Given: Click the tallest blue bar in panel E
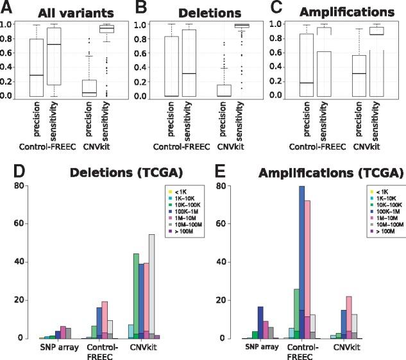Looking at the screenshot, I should pos(301,257).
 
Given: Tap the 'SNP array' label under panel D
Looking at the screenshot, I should pos(55,347).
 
